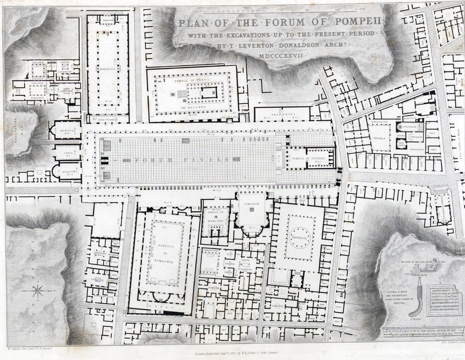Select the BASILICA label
coord(108,69)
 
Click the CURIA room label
coord(67,153)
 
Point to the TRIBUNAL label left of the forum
coord(67,130)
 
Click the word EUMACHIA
coord(165,262)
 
